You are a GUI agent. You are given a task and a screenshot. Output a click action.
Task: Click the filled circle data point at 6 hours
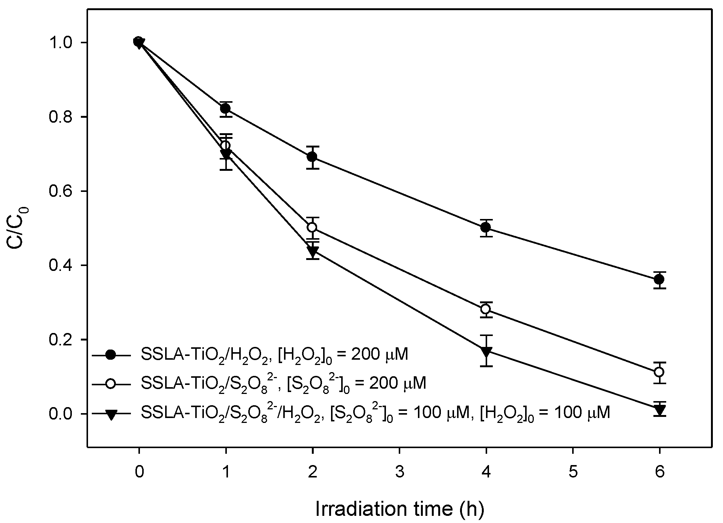(x=659, y=280)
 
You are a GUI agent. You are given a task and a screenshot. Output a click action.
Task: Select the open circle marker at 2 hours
(x=312, y=227)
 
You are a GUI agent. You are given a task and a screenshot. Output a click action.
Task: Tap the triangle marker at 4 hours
(x=486, y=352)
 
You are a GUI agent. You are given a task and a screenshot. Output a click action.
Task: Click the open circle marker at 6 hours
(x=659, y=372)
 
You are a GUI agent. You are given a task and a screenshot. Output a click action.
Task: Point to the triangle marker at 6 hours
(x=659, y=409)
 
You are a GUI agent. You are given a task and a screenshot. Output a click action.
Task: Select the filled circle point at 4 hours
(x=486, y=227)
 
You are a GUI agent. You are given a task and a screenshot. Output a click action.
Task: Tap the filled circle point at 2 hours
(x=312, y=157)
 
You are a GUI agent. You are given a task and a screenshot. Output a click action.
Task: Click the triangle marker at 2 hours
(x=312, y=251)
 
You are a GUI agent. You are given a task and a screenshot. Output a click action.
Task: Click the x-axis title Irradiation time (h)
(x=399, y=509)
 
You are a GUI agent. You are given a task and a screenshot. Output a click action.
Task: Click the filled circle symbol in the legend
(x=111, y=354)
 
